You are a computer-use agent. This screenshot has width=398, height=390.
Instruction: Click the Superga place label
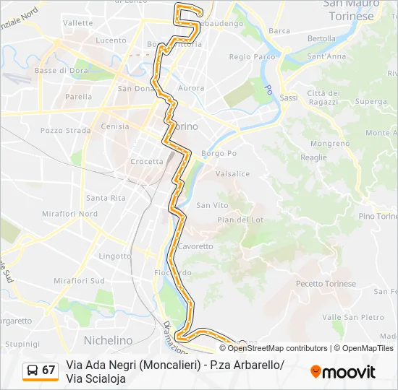point(371,102)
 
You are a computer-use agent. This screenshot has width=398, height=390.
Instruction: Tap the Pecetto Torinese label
point(326,284)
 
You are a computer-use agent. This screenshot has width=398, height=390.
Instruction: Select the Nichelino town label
point(109,340)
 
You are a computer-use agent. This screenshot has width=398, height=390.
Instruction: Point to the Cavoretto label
point(196,246)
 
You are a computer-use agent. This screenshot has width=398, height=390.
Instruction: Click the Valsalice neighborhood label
point(233,174)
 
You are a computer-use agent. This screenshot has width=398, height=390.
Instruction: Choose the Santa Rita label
point(106,198)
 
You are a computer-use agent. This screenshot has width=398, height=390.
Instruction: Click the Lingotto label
point(95,256)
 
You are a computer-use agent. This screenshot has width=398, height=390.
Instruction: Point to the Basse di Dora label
point(61,71)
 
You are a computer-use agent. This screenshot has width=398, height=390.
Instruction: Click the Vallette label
point(78,23)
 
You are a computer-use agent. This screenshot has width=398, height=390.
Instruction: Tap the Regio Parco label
point(252,56)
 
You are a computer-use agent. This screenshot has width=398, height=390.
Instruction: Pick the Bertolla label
point(321,38)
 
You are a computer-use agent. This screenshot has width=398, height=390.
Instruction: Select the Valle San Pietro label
point(353,317)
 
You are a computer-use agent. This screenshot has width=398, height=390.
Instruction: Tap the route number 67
point(48,370)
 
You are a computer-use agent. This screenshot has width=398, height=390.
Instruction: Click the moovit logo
point(343,372)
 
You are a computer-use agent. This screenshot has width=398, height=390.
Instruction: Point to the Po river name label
point(268,90)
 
